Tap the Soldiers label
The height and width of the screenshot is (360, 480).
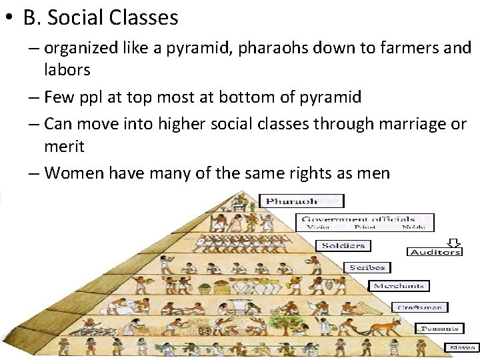(343, 245)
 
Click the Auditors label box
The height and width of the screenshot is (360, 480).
(434, 252)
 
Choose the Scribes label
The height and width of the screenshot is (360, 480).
(367, 267)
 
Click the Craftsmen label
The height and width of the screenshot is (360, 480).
(419, 307)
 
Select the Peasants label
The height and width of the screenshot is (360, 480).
(438, 328)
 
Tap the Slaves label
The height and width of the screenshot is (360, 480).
(462, 347)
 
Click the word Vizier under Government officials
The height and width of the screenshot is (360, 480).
(318, 227)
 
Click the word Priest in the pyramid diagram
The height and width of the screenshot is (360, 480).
(365, 227)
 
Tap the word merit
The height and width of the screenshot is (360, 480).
(65, 145)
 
